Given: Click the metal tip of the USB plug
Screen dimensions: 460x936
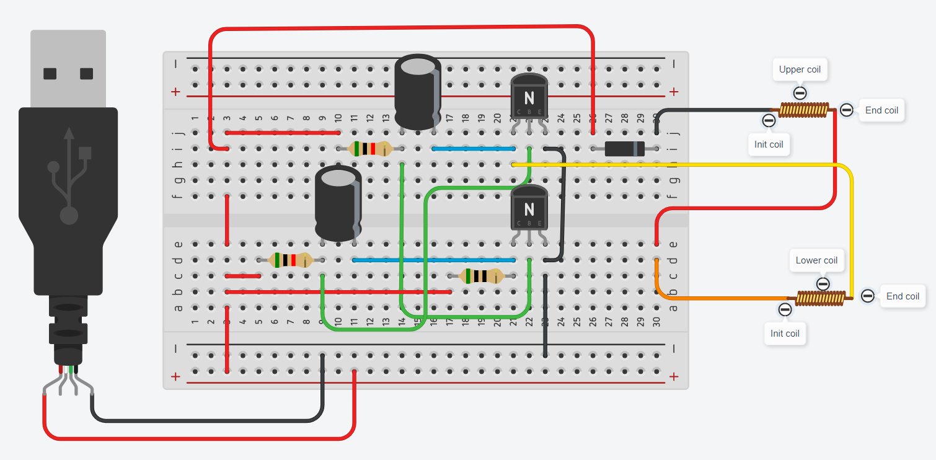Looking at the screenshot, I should pos(68,68).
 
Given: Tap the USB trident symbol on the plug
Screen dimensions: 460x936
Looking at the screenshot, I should pos(68,174).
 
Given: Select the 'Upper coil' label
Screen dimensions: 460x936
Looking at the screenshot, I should pos(800,69).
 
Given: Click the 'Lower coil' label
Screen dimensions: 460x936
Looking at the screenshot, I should pos(816,260).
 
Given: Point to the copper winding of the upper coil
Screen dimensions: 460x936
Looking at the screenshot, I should pos(803,111).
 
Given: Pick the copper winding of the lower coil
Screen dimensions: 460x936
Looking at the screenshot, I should pos(819,299).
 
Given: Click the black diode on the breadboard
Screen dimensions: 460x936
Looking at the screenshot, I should pos(624,149).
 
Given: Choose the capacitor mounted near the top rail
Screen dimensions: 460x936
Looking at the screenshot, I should pos(418,91).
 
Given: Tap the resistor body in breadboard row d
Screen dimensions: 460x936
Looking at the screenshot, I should pos(290,260).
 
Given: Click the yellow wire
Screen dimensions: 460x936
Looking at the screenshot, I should pos(682,165).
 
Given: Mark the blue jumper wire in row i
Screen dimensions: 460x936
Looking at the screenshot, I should pos(474,149).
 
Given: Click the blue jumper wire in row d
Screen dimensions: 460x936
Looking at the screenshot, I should pos(434,260).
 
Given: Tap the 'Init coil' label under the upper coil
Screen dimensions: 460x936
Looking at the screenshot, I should pos(769,144).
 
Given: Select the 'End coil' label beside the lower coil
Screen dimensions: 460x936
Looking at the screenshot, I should pos(903,296).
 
